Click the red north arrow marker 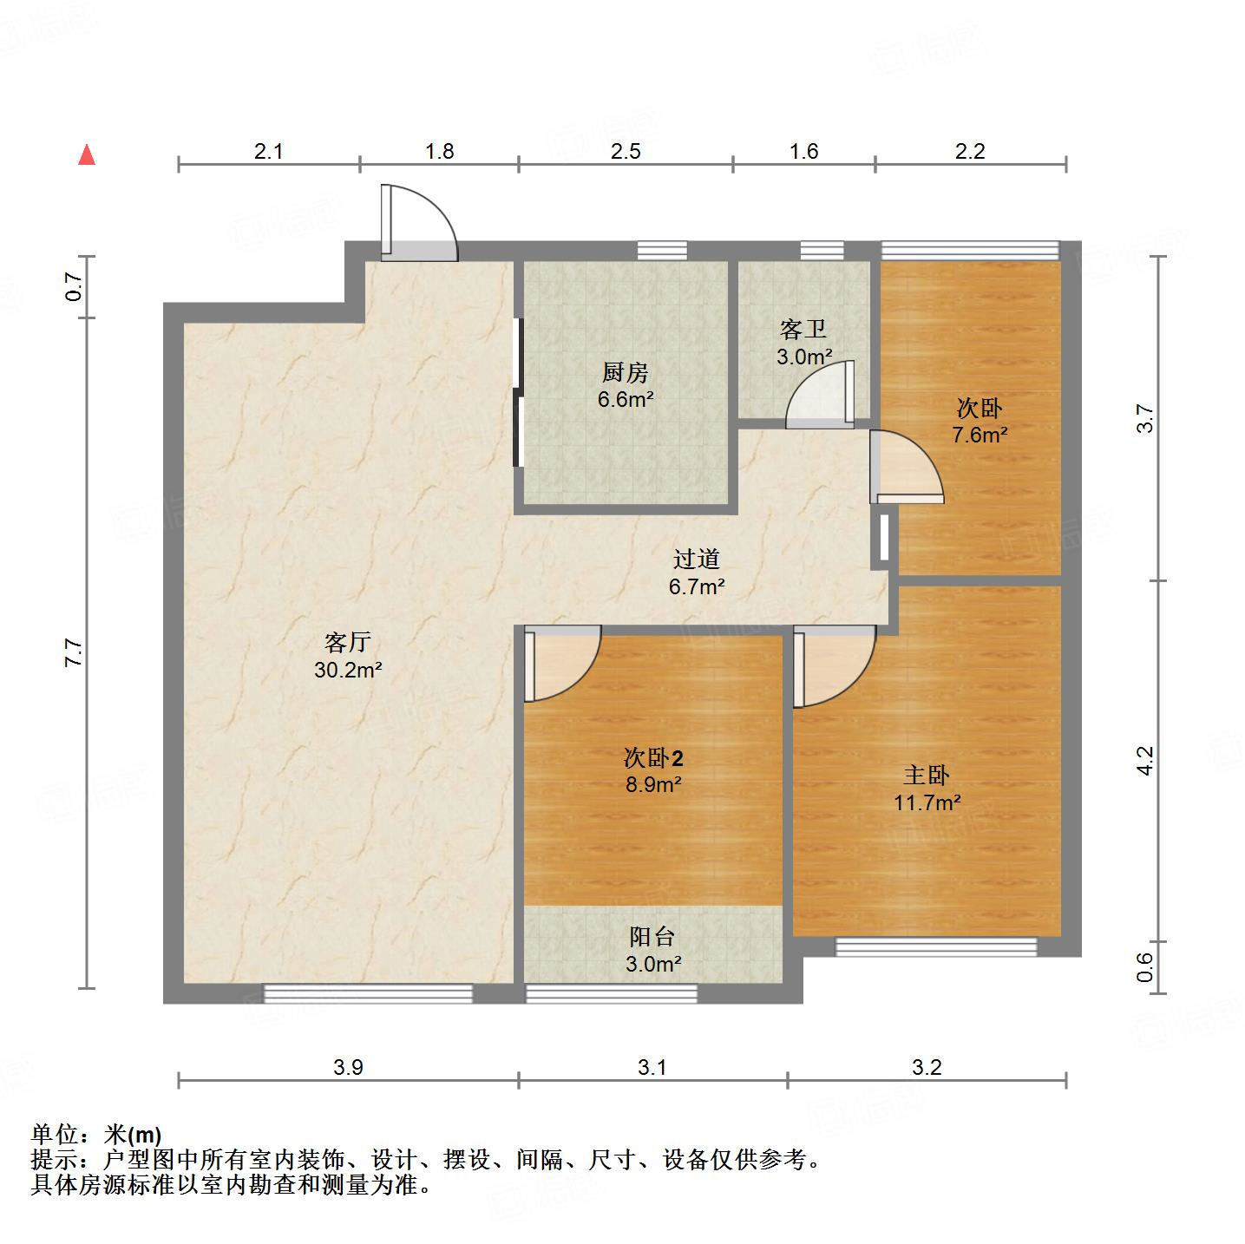pos(87,155)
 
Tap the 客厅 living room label pos(348,643)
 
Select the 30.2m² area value pos(349,670)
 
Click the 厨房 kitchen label pos(625,373)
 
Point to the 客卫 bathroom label pos(803,330)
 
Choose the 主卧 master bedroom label pos(927,776)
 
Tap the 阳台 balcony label pos(652,937)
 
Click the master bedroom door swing pos(833,668)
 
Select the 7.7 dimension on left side pos(74,651)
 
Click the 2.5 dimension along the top pos(626,151)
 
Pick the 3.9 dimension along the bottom pos(348,1067)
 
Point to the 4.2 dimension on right pos(1145,760)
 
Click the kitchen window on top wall pos(662,251)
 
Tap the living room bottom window pos(368,993)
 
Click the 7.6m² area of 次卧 pos(980,435)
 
